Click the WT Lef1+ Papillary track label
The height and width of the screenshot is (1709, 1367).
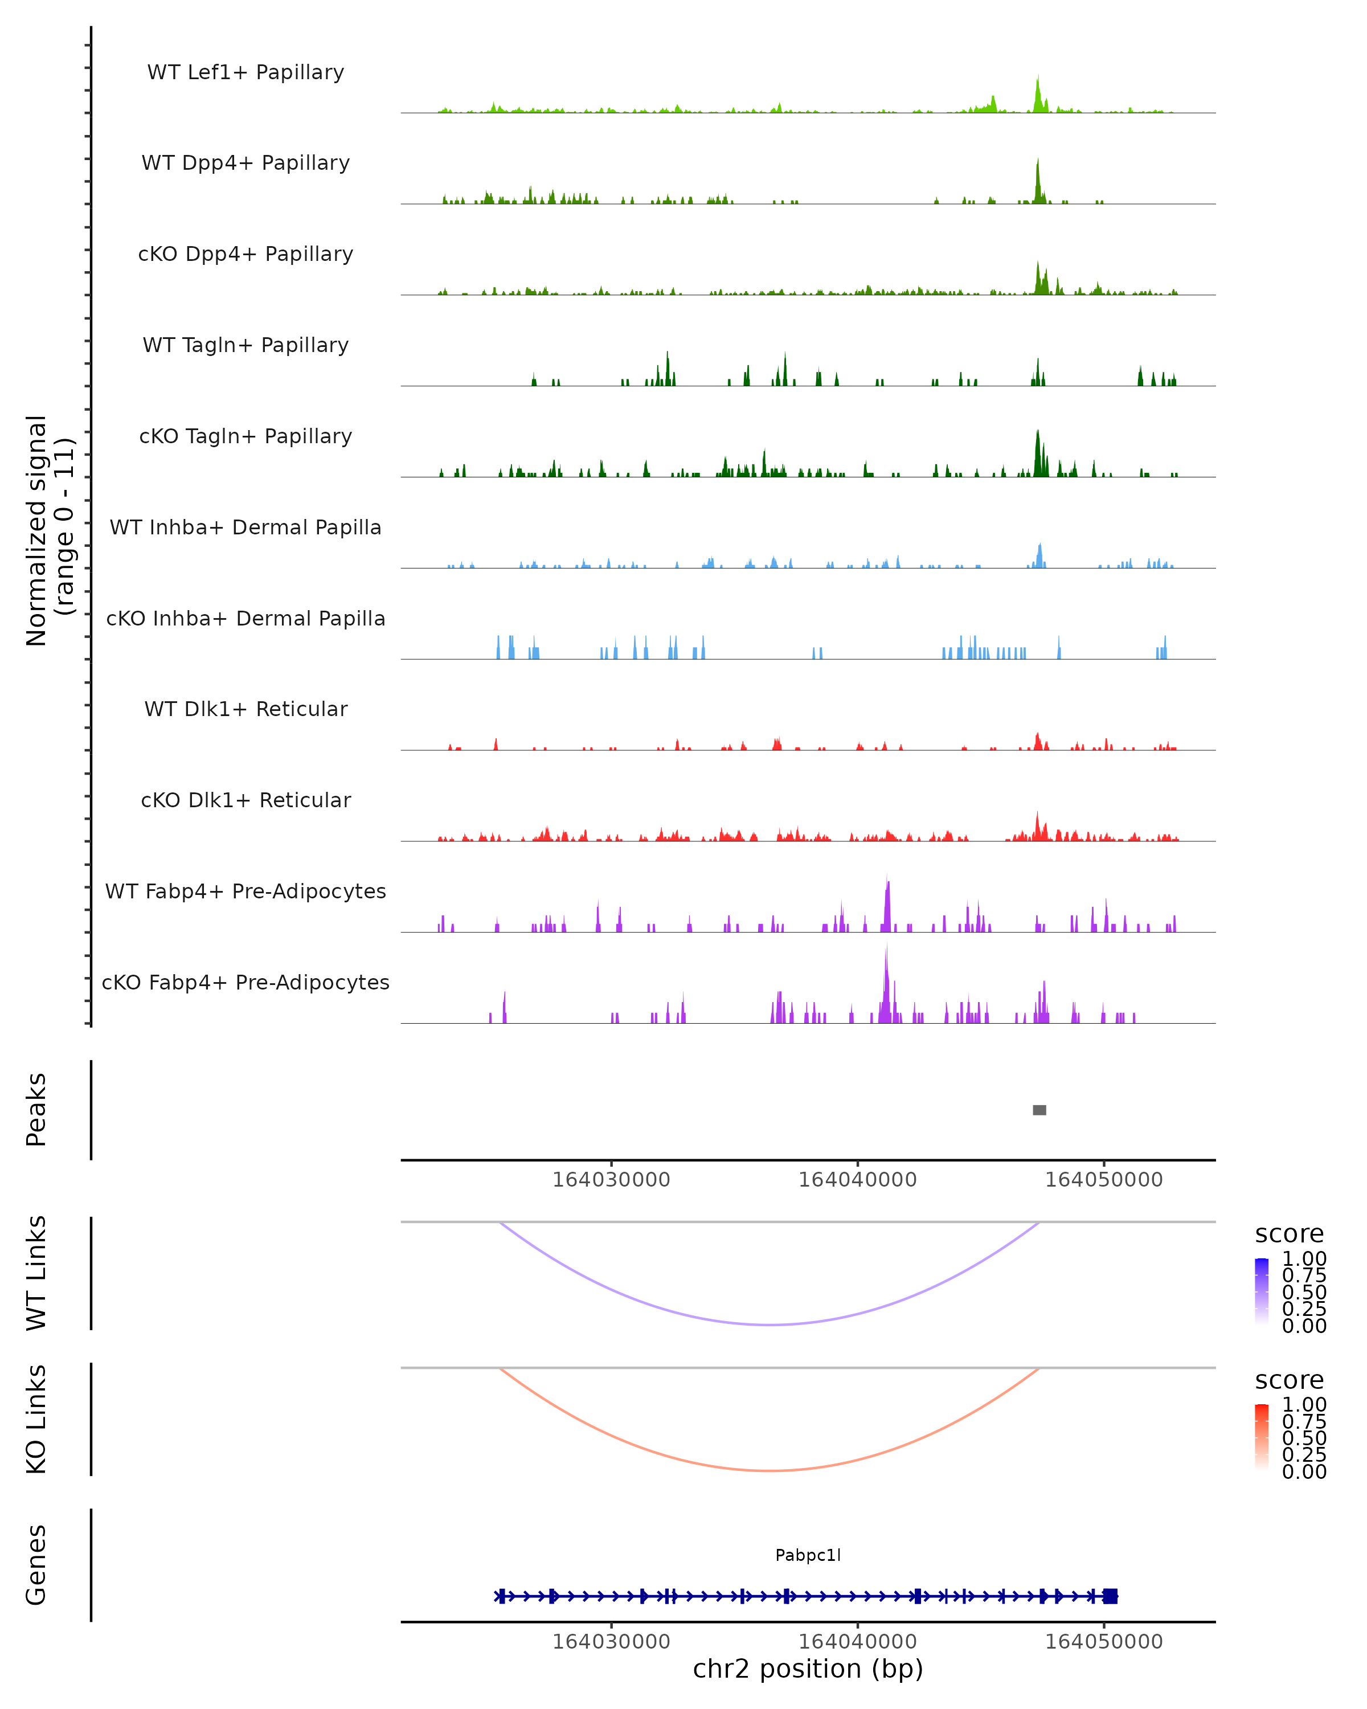(245, 72)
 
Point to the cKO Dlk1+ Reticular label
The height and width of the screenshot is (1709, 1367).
(245, 800)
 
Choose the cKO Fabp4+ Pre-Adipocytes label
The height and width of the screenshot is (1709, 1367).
(245, 982)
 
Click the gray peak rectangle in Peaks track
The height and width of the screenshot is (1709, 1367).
(1039, 1110)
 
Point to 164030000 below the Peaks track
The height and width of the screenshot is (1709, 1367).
(611, 1180)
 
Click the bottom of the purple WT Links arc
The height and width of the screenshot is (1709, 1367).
(769, 1324)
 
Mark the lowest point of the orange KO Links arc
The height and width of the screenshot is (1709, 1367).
(769, 1470)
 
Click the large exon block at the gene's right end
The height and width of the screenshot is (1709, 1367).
(1110, 1596)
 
